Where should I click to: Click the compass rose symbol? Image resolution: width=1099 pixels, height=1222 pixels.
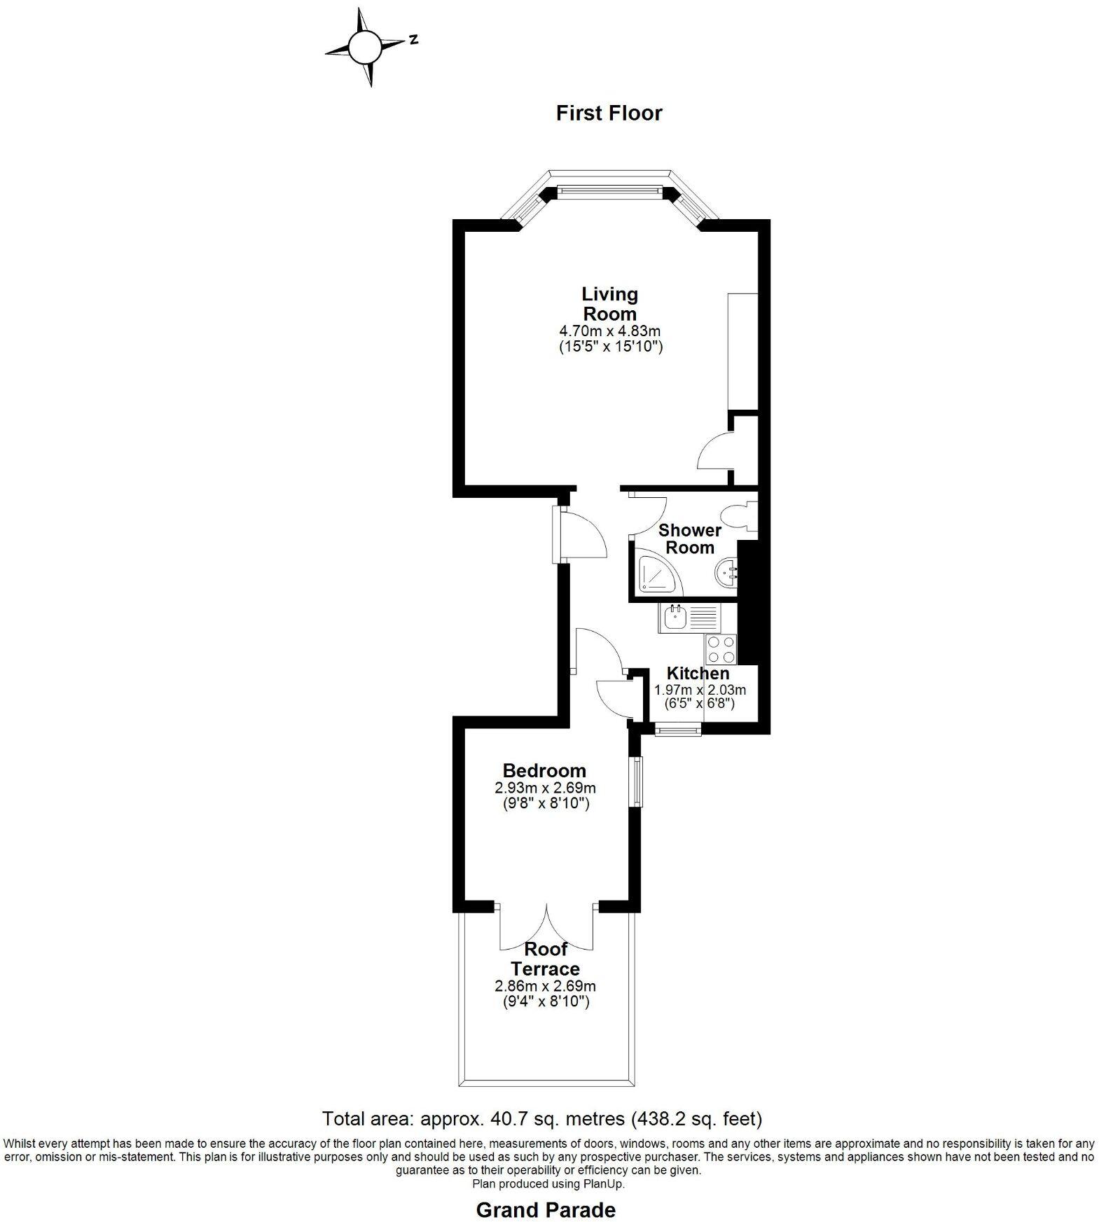[x=364, y=48]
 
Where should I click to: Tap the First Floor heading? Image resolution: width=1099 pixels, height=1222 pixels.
[x=609, y=113]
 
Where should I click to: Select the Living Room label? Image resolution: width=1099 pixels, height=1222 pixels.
[x=609, y=304]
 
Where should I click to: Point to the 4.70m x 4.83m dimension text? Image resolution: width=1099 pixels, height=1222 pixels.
[x=609, y=331]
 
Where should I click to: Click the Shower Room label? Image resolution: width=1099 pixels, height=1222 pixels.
[x=689, y=539]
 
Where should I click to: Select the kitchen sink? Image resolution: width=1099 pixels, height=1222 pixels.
[x=675, y=619]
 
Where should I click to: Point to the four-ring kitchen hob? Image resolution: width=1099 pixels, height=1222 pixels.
[x=721, y=649]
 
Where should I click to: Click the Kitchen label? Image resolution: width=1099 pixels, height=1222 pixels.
[x=698, y=674]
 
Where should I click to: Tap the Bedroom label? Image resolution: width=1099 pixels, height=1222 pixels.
[x=544, y=772]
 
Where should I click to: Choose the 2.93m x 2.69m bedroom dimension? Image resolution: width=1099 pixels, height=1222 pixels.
[x=545, y=789]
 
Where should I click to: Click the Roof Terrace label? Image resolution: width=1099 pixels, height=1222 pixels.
[x=546, y=959]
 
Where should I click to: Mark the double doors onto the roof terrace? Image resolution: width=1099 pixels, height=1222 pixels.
[x=546, y=928]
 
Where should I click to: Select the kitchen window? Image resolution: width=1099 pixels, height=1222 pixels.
[x=678, y=730]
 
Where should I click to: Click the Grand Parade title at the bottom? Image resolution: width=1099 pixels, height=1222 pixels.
[x=546, y=1210]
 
